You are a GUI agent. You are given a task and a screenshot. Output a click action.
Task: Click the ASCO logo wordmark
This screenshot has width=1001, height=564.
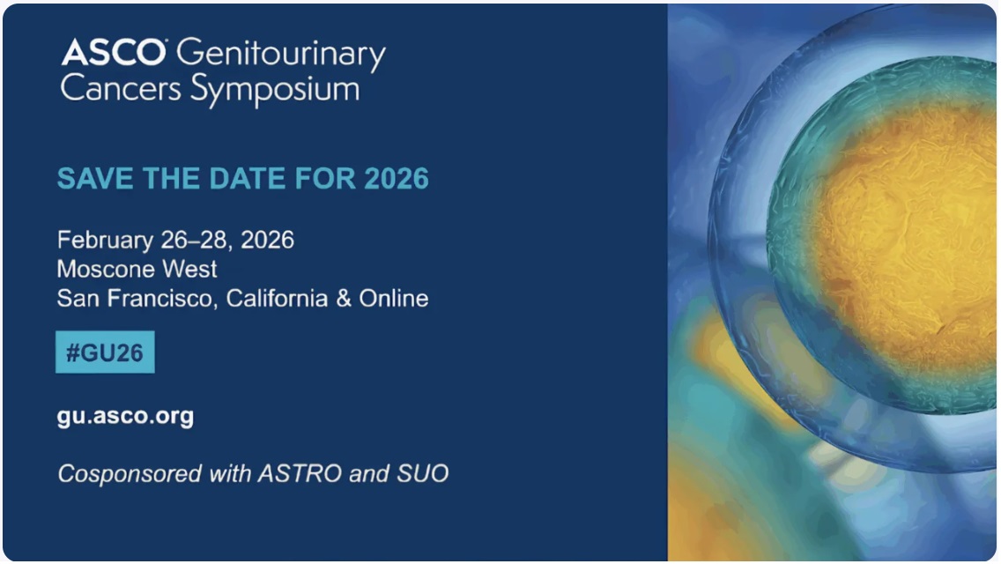[113, 52]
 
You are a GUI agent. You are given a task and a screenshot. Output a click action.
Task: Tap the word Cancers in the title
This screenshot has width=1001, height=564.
[121, 88]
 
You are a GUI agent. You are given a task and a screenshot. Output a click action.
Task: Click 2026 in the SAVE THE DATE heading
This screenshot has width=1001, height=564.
[397, 179]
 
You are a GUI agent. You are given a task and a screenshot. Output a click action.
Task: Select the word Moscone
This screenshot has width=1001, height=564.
[106, 269]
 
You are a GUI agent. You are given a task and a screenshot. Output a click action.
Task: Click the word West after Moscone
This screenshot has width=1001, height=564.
[189, 269]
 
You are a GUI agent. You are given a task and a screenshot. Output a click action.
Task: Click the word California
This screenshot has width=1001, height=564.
[277, 298]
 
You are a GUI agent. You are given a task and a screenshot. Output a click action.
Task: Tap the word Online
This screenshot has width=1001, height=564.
[393, 298]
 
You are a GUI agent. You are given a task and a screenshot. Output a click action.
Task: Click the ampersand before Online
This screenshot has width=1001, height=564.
[344, 298]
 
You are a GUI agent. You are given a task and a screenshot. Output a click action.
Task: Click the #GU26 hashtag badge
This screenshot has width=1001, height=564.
[105, 352]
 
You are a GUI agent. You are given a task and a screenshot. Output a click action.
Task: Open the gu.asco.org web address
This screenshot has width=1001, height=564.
[125, 417]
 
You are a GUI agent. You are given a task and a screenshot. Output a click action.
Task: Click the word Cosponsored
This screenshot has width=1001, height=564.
[130, 474]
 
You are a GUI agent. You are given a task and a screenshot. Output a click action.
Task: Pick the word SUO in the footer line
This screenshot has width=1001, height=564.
[423, 474]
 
